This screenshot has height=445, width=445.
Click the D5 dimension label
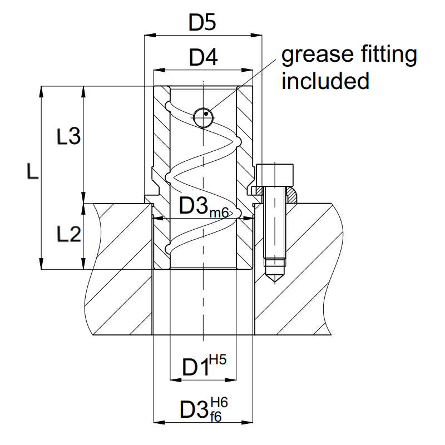pos(202,23)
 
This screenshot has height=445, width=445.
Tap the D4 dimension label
pos(202,57)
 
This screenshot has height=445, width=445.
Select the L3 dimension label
pos(69,136)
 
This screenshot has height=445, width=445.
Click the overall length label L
pos(32,173)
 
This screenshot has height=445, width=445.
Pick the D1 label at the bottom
pos(194,368)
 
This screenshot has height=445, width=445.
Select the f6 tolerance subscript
pos(215,416)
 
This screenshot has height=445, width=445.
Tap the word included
pos(325,81)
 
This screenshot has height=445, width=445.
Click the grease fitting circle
pos(204,116)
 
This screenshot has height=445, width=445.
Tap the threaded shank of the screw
pos(275,228)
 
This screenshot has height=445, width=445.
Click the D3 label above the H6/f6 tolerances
pos(195,409)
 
